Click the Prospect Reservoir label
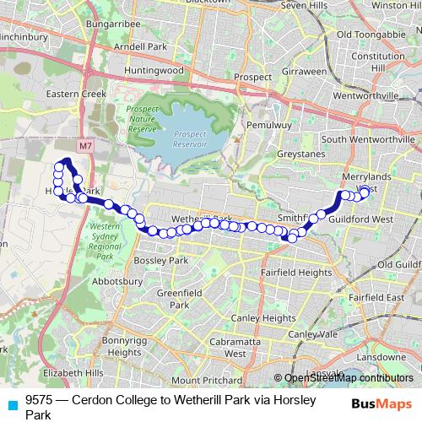pyautogui.click(x=190, y=138)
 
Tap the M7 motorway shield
pyautogui.click(x=85, y=146)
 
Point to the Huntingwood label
pyautogui.click(x=153, y=70)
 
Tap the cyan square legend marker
pyautogui.click(x=12, y=404)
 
